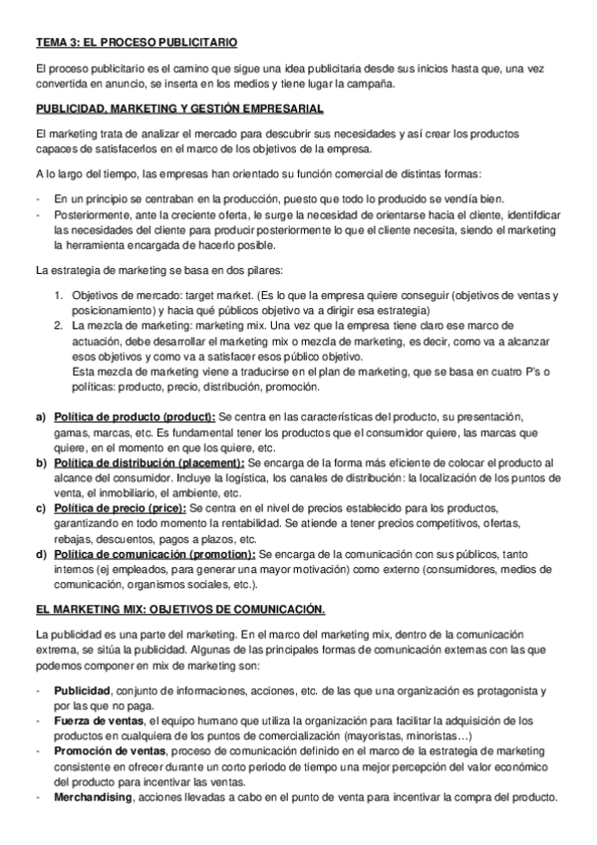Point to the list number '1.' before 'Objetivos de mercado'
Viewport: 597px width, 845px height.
60,295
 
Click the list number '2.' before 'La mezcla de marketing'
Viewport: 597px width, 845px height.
60,325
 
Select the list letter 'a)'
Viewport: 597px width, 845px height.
41,416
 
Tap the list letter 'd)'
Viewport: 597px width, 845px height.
41,554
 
